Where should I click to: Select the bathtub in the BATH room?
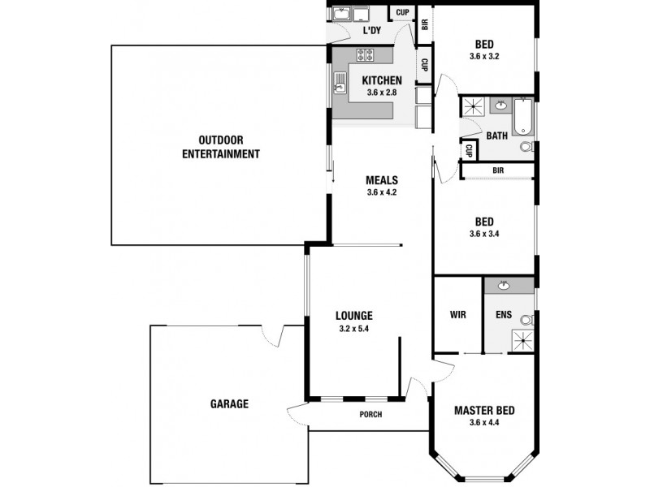[524, 116]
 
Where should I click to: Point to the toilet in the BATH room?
[526, 147]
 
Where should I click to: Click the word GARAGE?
[229, 403]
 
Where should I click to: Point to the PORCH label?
[370, 415]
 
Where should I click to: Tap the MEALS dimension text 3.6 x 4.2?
[381, 192]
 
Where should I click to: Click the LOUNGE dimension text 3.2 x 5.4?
[353, 329]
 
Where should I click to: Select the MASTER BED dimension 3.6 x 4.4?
[484, 423]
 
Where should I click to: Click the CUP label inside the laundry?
[401, 12]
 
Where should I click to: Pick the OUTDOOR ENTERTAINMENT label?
[220, 147]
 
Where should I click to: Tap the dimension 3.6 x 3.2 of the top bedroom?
[484, 57]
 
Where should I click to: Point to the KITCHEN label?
[381, 80]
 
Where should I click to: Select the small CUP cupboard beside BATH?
[469, 151]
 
